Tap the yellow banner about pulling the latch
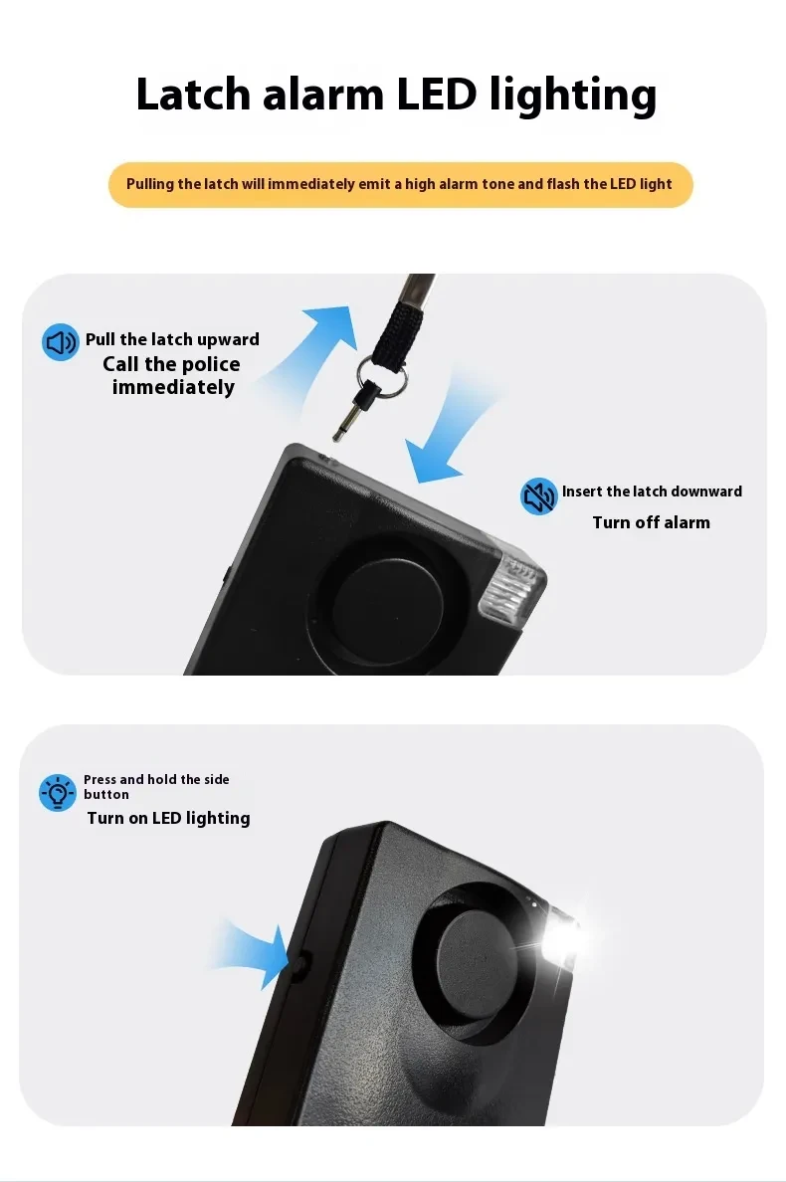400,184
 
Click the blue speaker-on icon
61,342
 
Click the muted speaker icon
539,495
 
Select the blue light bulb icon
58,792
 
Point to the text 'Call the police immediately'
172,376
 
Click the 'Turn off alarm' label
651,522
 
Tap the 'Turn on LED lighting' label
168,818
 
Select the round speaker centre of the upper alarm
388,597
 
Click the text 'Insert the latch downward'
651,492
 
